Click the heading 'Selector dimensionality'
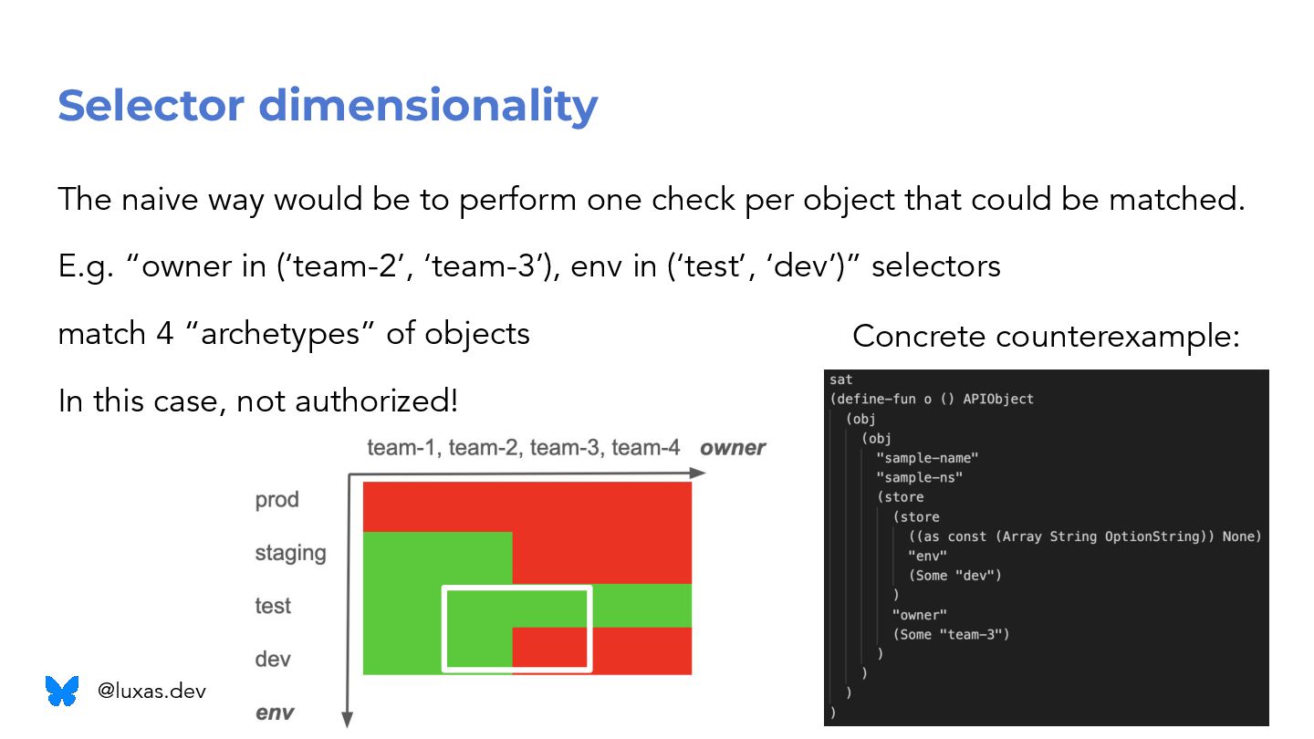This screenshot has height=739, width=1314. (x=328, y=105)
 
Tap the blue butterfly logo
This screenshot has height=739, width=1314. (x=62, y=691)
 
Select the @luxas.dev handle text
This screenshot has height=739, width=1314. (x=151, y=692)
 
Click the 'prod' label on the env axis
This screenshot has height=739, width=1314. (x=277, y=500)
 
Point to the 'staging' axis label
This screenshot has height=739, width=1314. (x=290, y=553)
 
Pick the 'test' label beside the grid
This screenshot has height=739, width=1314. (x=273, y=606)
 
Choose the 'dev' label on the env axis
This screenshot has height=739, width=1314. (x=273, y=659)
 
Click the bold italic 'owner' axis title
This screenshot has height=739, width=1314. (x=733, y=448)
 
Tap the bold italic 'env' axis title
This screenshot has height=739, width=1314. (x=275, y=713)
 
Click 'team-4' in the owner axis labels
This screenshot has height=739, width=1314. (x=645, y=448)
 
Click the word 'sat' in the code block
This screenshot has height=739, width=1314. (x=840, y=380)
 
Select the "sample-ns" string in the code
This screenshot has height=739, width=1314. (x=919, y=477)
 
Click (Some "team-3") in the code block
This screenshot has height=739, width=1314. (x=951, y=634)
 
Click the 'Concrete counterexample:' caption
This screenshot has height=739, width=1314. (x=1046, y=337)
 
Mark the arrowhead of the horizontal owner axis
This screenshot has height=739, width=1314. (x=698, y=473)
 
